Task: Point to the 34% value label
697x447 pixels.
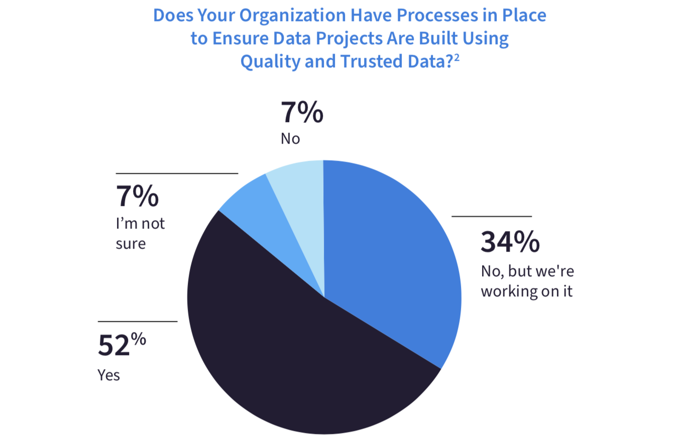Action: pos(510,242)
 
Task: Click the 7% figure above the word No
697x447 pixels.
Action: pos(302,113)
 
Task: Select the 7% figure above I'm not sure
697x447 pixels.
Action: pos(137,196)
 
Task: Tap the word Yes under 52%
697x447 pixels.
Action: pos(108,375)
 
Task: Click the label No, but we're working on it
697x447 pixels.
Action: pos(527,281)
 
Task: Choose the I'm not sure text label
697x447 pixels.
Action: pos(140,234)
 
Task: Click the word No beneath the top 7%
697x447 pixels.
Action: pos(290,139)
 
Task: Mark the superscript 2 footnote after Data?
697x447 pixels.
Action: pos(456,57)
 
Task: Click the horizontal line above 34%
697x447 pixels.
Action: pos(492,216)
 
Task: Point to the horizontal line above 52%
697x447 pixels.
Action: pos(138,321)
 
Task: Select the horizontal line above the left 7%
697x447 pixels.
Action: pos(177,173)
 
